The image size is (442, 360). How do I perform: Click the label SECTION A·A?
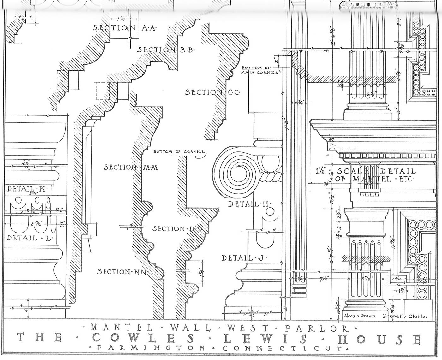(124, 28)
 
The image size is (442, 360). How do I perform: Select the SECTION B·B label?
(166, 50)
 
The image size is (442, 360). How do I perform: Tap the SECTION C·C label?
(212, 92)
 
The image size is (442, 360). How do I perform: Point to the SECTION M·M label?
(130, 167)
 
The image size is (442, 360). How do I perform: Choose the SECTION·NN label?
(122, 272)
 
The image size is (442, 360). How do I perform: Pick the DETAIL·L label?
(30, 238)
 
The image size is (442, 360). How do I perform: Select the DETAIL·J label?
(244, 258)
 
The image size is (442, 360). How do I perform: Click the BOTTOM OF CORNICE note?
(179, 152)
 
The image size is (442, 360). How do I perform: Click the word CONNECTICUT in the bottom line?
(282, 349)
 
